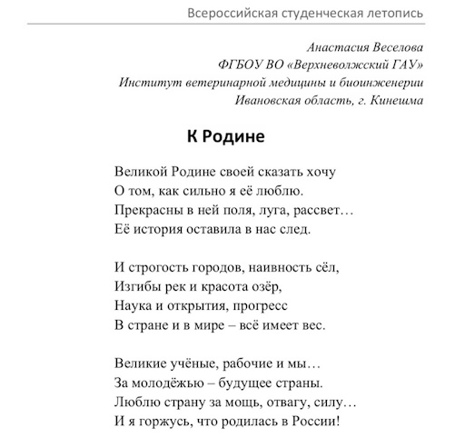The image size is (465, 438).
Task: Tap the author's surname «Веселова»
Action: [x=391, y=47]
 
